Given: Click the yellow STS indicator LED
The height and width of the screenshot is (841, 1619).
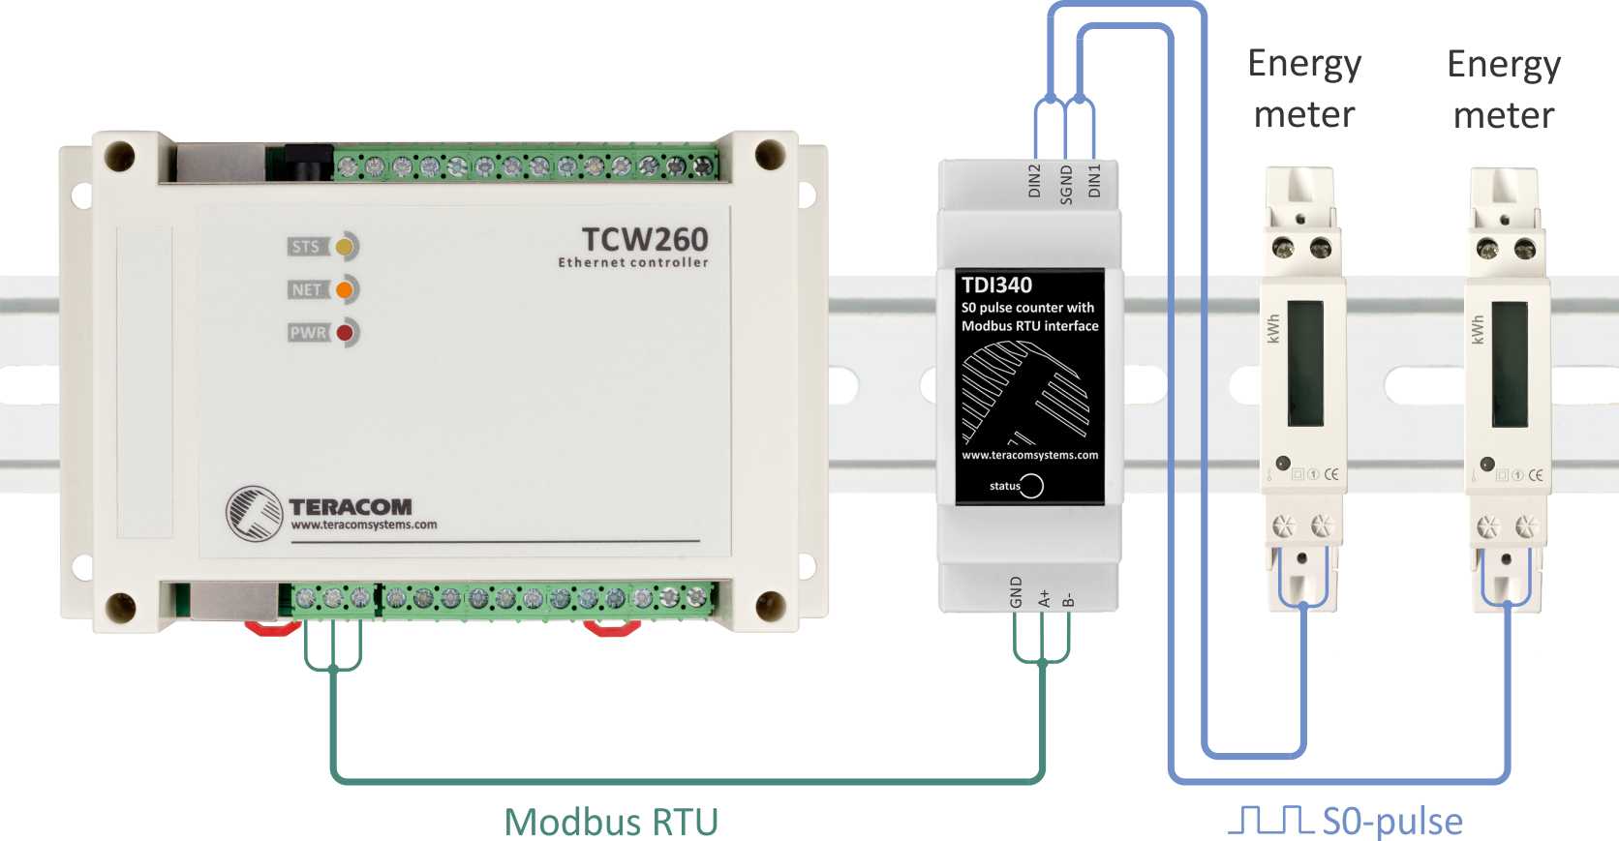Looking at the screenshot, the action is (344, 247).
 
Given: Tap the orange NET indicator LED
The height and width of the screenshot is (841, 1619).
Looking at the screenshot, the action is (344, 290).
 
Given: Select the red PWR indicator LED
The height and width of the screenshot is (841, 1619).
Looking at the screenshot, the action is (345, 333).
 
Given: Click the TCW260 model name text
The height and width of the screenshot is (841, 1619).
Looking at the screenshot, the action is (645, 240).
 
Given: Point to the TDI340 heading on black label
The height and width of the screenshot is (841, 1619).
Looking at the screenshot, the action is (996, 285).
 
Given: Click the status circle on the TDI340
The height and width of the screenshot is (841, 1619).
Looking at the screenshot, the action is (1031, 486).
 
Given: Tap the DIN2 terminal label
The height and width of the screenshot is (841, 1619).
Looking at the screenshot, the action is (1034, 181).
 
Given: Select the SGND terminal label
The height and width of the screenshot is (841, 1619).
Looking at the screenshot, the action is (1065, 185).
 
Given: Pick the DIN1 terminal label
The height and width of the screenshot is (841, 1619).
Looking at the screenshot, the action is (1094, 181).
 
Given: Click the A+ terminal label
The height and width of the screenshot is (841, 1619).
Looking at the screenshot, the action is (1044, 598).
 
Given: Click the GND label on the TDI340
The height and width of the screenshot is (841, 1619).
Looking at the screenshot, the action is (1016, 592).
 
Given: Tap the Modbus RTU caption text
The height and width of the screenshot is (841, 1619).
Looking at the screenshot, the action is (611, 823).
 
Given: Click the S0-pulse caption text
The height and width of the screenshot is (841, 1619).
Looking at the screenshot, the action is (1392, 823).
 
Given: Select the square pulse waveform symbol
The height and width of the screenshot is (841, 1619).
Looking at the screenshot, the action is (1270, 821).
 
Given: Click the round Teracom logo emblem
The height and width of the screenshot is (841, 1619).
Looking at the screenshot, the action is (254, 514).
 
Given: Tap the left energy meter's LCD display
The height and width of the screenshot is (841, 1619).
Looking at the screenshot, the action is (1305, 364).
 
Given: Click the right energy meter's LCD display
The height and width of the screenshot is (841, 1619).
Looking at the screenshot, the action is (1510, 365).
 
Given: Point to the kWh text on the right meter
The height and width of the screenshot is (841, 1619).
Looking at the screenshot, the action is (1478, 329).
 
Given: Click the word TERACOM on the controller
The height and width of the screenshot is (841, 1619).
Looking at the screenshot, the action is (351, 507).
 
